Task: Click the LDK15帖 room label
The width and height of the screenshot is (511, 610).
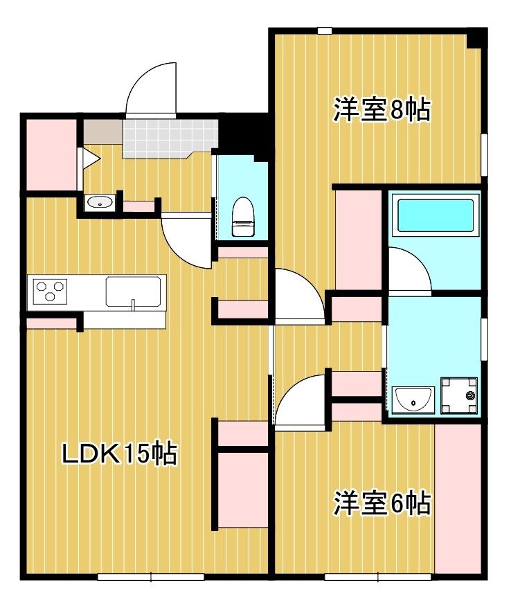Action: pos(119,454)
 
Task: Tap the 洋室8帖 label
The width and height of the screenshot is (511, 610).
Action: pos(382,109)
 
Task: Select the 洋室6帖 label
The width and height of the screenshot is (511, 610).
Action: pos(382,503)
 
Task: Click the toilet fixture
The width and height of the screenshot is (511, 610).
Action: pos(242,217)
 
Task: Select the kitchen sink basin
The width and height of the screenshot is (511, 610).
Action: pos(134,291)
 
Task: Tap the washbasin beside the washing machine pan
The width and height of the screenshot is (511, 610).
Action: pos(413,400)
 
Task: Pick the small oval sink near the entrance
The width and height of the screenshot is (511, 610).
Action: pos(100,203)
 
